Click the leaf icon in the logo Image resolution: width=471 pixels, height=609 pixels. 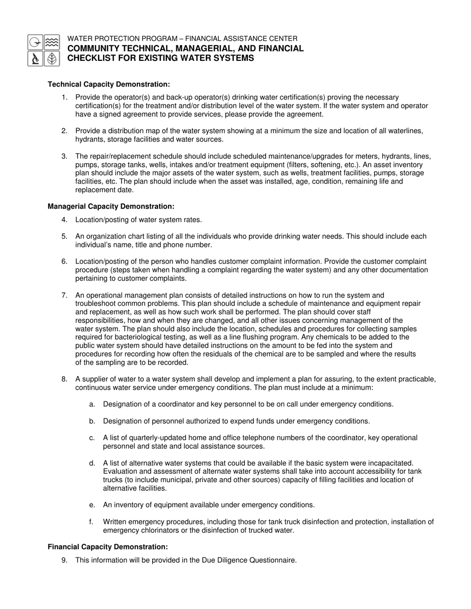pyautogui.click(x=52, y=59)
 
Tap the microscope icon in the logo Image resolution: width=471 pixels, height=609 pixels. pyautogui.click(x=35, y=59)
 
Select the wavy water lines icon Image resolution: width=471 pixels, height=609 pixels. pyautogui.click(x=52, y=42)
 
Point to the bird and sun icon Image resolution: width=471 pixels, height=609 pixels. pyautogui.click(x=35, y=42)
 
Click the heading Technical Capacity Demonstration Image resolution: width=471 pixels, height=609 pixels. pyautogui.click(x=109, y=85)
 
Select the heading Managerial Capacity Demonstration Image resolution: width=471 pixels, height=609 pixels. pyautogui.click(x=111, y=206)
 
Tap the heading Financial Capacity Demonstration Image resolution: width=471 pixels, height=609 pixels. pyautogui.click(x=108, y=547)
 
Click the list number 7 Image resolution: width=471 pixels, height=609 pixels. pyautogui.click(x=64, y=296)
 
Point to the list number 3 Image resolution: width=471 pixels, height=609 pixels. pyautogui.click(x=64, y=156)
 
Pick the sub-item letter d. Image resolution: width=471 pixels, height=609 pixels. pyautogui.click(x=92, y=463)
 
